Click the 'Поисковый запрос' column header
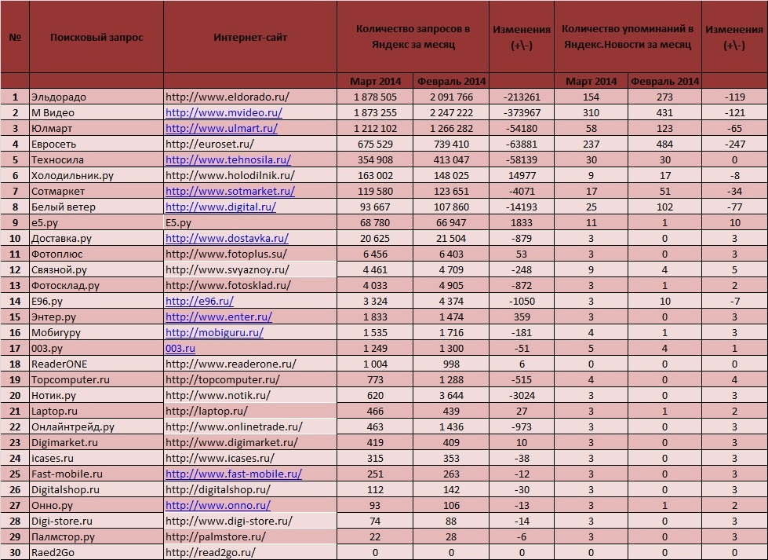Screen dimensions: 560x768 coord(96,37)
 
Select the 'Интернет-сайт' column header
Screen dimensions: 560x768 coord(249,37)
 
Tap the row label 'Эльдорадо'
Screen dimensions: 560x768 coord(58,97)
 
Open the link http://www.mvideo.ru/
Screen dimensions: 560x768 coord(224,112)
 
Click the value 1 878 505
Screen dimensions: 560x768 coord(373,97)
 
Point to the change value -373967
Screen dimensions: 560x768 coord(520,112)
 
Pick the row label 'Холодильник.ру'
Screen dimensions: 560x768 coord(72,175)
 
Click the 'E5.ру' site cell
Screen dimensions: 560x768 coord(178,222)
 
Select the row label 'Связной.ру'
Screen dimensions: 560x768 coord(60,269)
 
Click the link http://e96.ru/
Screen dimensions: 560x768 coord(199,301)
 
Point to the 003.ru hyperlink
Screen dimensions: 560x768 coord(180,348)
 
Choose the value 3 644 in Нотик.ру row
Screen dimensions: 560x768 coord(450,395)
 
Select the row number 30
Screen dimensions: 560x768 coord(15,552)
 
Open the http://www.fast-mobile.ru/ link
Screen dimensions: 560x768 coord(233,474)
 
